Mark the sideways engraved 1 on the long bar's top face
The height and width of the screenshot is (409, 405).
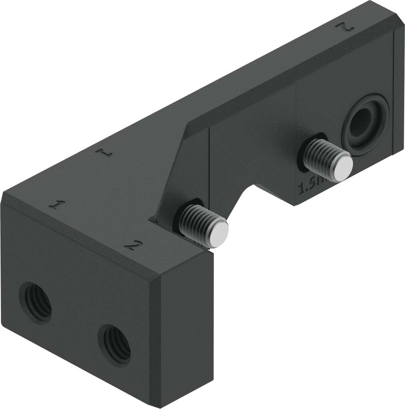(x=105, y=152)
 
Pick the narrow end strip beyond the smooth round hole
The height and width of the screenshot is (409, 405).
(x=399, y=92)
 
